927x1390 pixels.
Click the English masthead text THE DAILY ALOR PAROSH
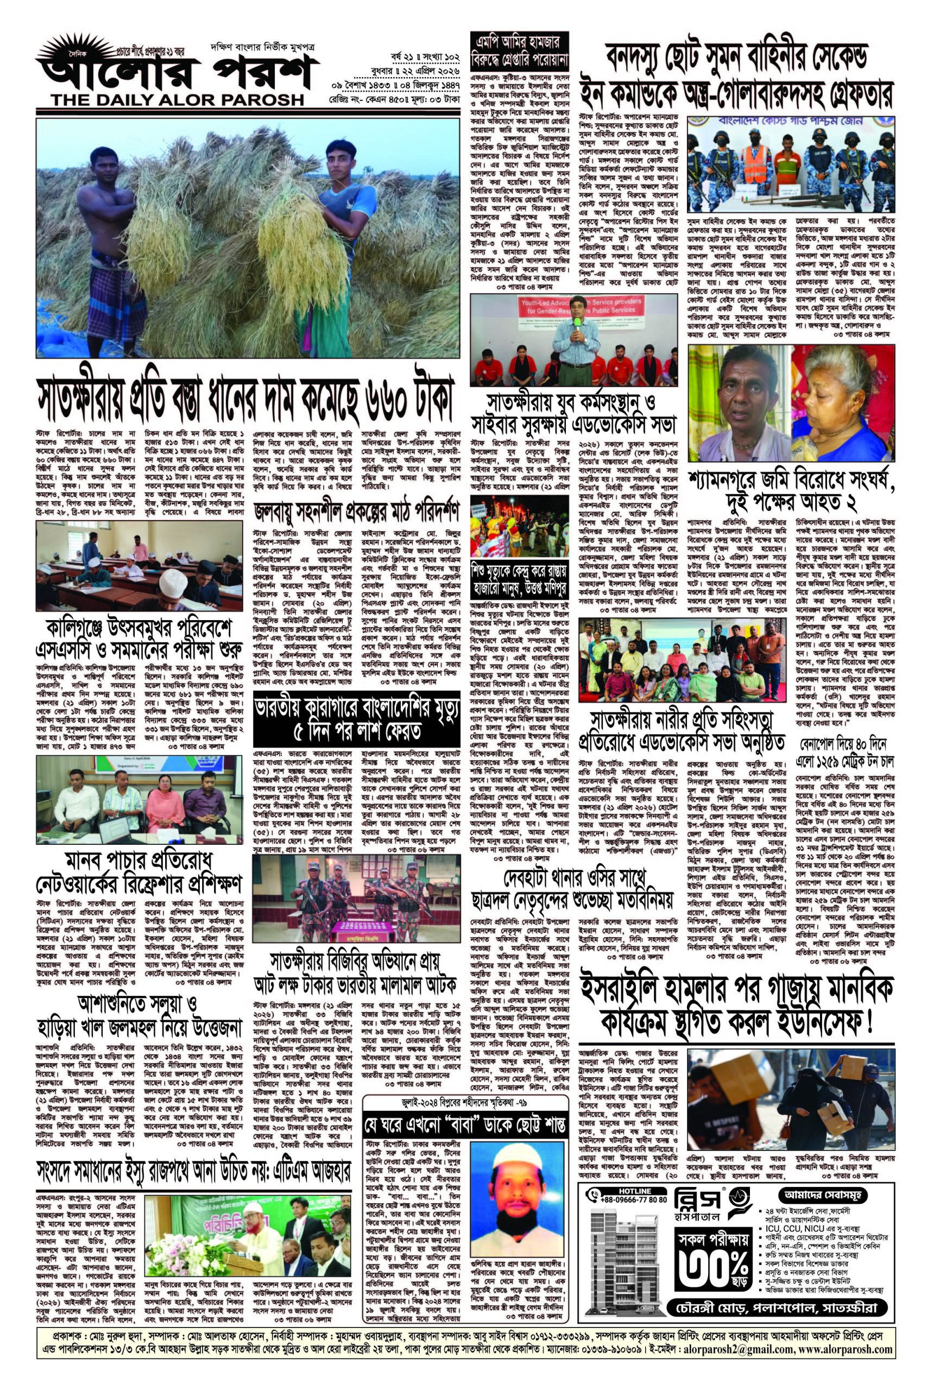(x=177, y=100)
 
